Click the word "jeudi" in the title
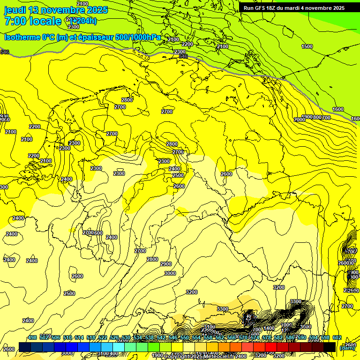pos(16,10)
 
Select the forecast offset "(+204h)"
pos(83,21)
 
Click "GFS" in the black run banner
pos(262,8)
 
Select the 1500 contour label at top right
pos(307,46)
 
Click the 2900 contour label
pos(166,264)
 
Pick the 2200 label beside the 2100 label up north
pos(187,44)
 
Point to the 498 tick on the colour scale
pos(32,337)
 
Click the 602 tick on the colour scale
pos(337,337)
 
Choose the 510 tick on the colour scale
pos(67,337)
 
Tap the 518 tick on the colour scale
pos(91,337)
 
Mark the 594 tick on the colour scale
pos(313,337)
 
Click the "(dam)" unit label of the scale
pos(347,347)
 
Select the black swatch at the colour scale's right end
pos(330,347)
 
